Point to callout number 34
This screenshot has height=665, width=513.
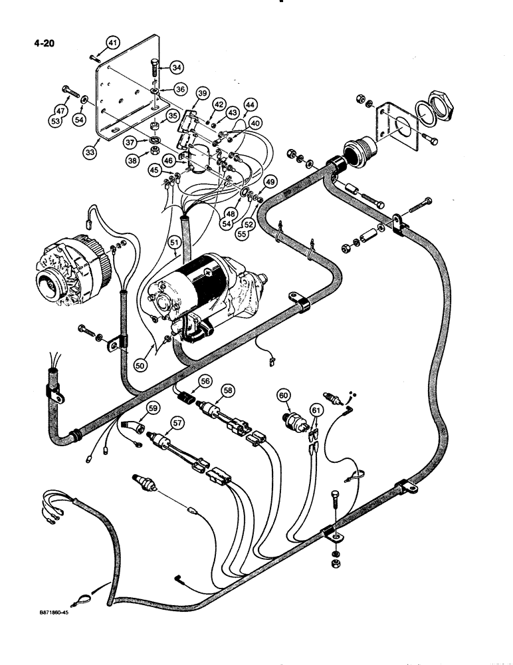pyautogui.click(x=177, y=67)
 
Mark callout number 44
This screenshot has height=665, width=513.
pyautogui.click(x=250, y=104)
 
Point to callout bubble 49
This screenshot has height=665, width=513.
pyautogui.click(x=269, y=182)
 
